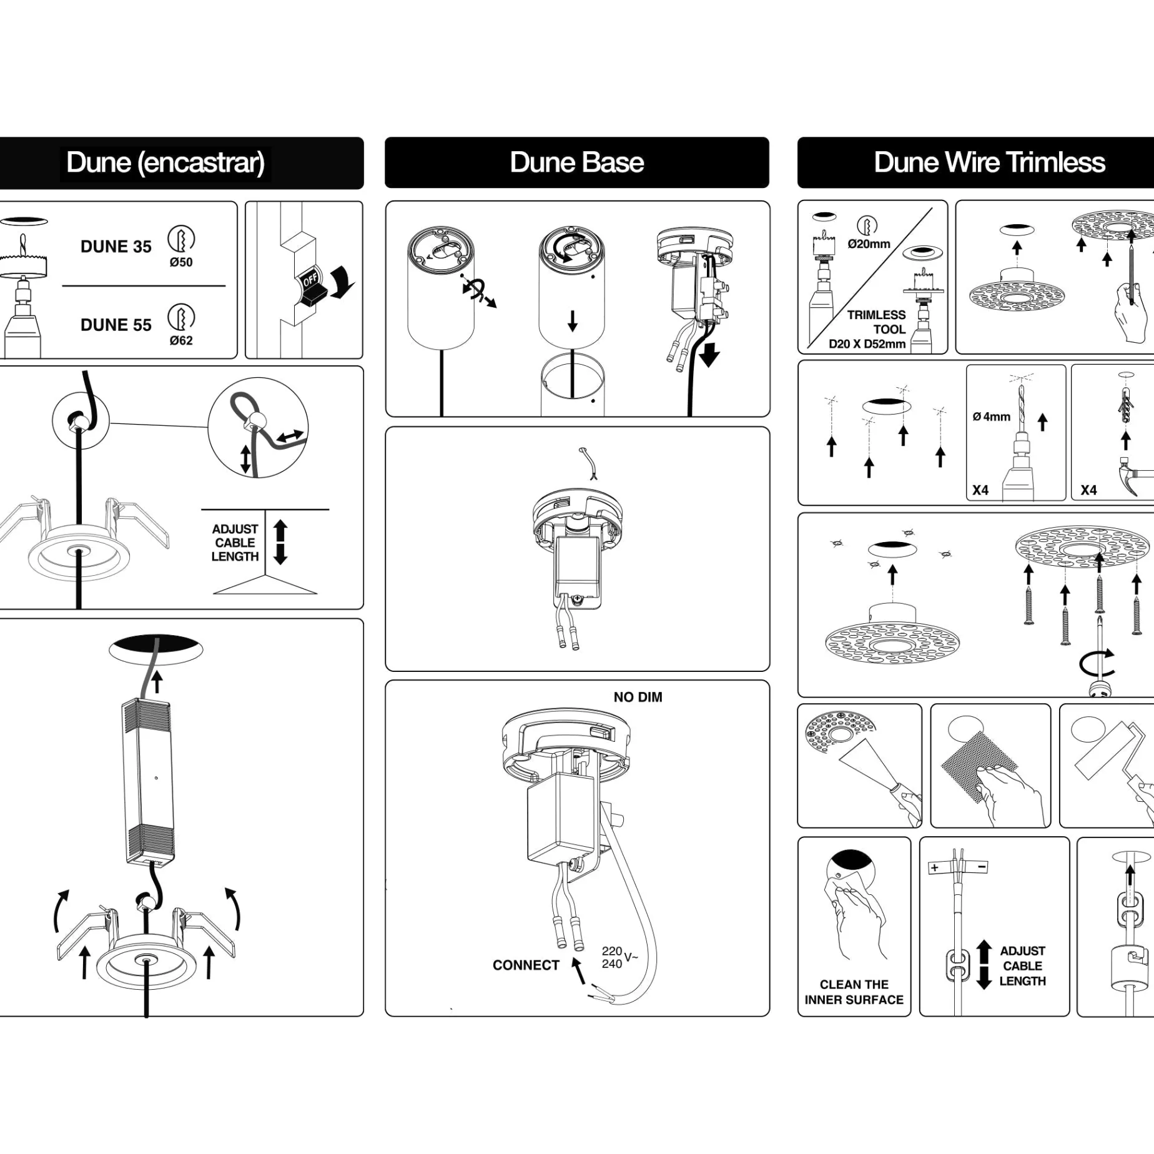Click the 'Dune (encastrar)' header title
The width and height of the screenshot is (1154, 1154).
(165, 163)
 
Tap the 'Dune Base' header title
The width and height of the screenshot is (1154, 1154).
(576, 162)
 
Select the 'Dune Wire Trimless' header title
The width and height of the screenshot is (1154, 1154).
(989, 162)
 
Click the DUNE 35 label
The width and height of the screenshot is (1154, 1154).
(116, 247)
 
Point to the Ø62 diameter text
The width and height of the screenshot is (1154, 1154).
(181, 340)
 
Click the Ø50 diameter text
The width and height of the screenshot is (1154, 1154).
(181, 262)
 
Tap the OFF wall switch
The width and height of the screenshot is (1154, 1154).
(311, 286)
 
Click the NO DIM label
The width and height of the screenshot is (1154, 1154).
(638, 697)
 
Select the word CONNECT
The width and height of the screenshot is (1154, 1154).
(526, 965)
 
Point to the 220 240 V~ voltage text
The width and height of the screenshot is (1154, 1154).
(619, 957)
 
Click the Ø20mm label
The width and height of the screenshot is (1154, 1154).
(869, 244)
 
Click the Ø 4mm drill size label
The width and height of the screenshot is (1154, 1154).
(991, 417)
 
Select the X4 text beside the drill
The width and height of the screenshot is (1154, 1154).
(980, 490)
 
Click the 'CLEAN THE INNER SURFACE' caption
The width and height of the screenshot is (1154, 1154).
(854, 992)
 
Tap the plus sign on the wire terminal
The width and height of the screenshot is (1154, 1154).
(934, 868)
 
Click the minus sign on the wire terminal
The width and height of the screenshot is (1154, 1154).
(982, 867)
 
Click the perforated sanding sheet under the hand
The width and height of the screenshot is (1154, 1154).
(978, 769)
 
